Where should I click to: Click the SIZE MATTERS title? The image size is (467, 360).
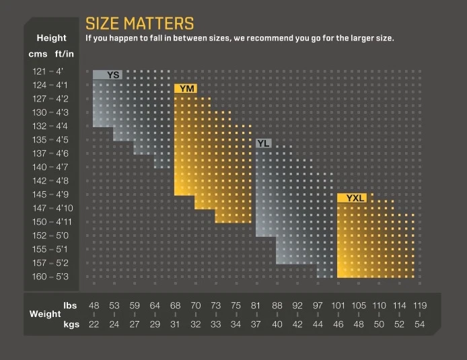click(140, 24)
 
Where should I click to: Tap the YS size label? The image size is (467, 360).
click(113, 75)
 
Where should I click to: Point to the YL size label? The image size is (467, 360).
click(263, 143)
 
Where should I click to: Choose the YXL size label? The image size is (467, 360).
click(355, 198)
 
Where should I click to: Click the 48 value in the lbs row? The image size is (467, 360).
click(94, 305)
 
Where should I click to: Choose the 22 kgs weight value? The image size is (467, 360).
click(94, 324)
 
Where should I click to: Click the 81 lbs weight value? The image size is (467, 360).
click(256, 305)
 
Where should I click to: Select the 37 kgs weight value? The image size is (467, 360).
click(256, 324)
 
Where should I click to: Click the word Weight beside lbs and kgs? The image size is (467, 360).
click(45, 314)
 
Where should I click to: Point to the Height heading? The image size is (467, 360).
click(51, 38)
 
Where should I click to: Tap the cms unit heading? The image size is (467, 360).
click(38, 54)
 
